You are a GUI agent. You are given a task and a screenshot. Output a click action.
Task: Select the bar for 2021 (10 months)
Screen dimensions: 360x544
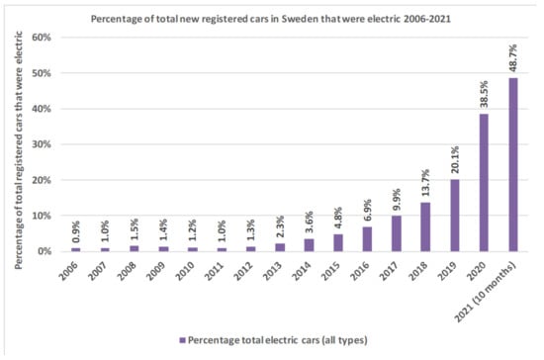(x=512, y=164)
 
